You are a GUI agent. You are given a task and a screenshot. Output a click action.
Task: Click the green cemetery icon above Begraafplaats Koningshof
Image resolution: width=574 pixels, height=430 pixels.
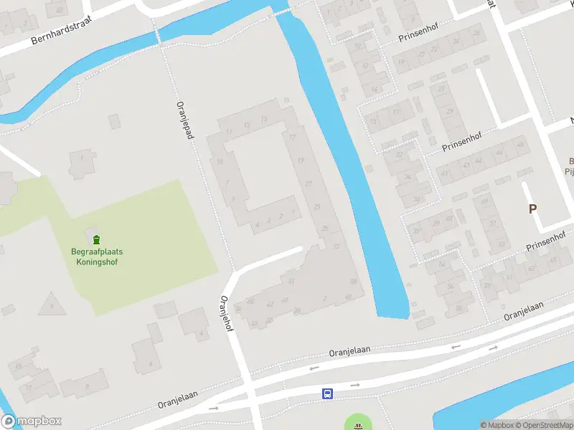tap(97, 239)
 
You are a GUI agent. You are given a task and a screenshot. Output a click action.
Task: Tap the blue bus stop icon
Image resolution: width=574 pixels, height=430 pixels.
tap(327, 393)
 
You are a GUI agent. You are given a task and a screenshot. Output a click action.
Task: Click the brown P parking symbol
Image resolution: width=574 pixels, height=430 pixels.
tap(532, 209)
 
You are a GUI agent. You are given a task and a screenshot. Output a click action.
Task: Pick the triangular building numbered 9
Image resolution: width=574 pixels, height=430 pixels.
tap(51, 305)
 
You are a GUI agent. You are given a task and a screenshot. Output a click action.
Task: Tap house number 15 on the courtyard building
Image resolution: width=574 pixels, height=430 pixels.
tap(265, 118)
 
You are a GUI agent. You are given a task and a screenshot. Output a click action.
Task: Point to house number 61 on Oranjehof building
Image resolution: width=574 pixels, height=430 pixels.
tap(291, 282)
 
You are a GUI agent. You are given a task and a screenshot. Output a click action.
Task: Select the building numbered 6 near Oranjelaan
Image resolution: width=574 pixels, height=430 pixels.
tap(150, 363)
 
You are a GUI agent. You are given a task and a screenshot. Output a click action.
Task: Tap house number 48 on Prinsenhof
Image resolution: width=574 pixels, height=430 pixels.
tap(519, 149)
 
